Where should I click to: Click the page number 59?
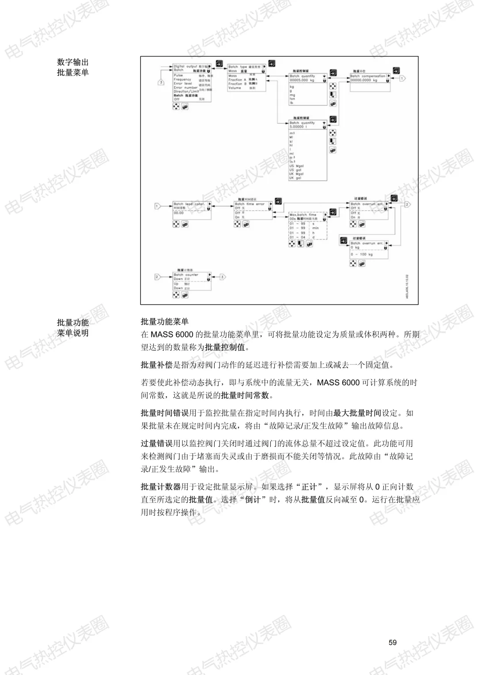(393, 643)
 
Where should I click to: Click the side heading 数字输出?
(73, 62)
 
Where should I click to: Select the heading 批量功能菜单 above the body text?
(164, 322)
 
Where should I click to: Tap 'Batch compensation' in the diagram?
(367, 76)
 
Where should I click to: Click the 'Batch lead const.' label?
(189, 204)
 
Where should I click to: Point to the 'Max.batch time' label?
(303, 215)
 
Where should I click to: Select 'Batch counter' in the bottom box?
(186, 275)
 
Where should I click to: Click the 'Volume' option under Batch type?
(235, 88)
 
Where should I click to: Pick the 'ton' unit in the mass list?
(292, 99)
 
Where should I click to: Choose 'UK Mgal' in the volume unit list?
(296, 174)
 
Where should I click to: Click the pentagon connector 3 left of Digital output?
(161, 82)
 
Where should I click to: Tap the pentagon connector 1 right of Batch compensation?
(402, 78)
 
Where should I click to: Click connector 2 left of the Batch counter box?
(157, 277)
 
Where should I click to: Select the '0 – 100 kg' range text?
(362, 254)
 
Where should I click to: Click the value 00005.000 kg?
(302, 80)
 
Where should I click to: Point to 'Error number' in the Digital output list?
(185, 87)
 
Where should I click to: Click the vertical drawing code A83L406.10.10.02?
(407, 286)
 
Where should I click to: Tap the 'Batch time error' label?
(250, 204)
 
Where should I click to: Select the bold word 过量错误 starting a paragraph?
(157, 443)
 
